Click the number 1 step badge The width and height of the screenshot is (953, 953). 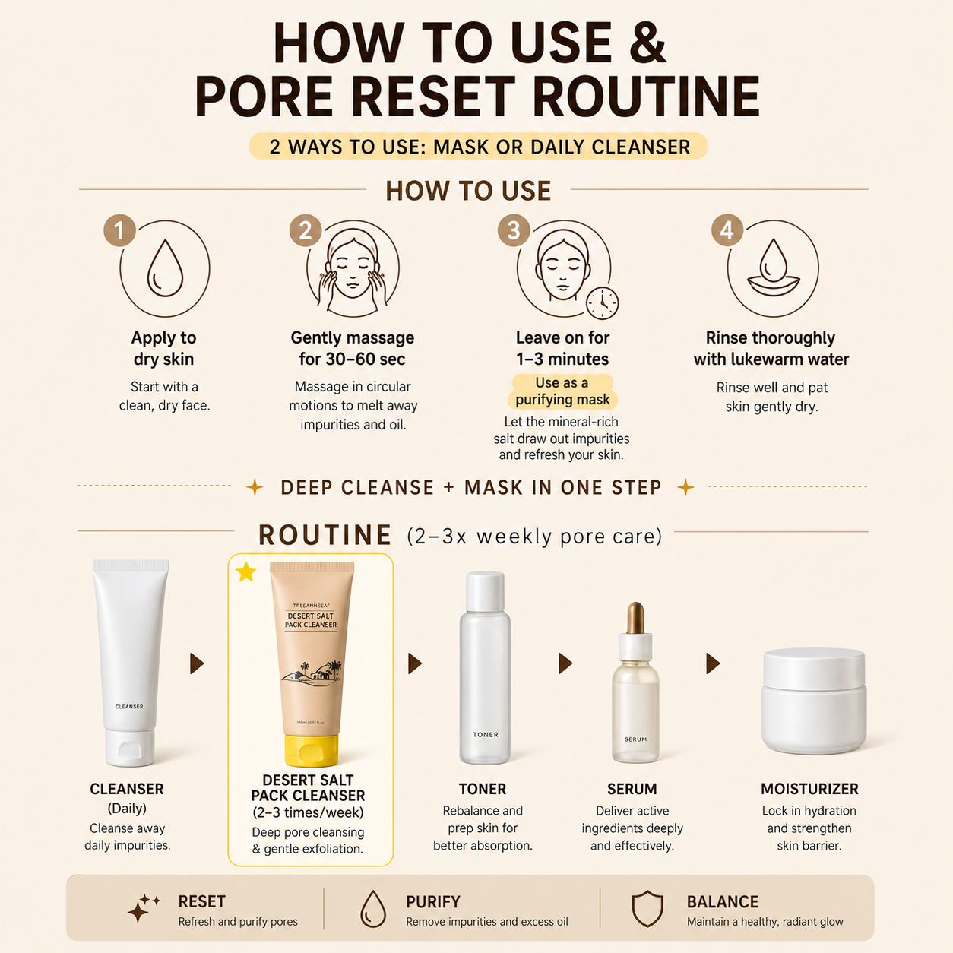pos(119,230)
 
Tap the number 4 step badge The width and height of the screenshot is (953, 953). pos(727,230)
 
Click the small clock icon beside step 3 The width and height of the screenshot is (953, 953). pos(603,302)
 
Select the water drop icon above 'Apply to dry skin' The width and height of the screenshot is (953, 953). pos(165,268)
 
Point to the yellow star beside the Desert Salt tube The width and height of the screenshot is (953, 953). pos(245,572)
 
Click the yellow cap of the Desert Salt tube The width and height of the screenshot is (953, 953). pos(311,750)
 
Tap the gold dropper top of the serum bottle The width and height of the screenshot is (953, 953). pos(635,617)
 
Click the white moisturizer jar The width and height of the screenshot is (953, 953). pos(813,700)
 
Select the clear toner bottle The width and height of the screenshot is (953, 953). pos(485,668)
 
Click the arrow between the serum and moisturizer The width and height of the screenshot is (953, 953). pos(713,663)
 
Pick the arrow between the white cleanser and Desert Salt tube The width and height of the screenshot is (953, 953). pos(197,663)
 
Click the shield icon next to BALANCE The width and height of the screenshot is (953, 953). pos(647,908)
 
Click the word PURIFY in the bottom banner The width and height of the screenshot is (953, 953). pos(432,901)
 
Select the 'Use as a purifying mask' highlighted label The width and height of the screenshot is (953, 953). pos(563,391)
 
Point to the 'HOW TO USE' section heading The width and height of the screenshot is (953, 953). pos(468,191)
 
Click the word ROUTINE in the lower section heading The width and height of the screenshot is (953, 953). pos(325,535)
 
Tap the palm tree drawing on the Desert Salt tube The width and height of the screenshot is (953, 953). pos(335,667)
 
